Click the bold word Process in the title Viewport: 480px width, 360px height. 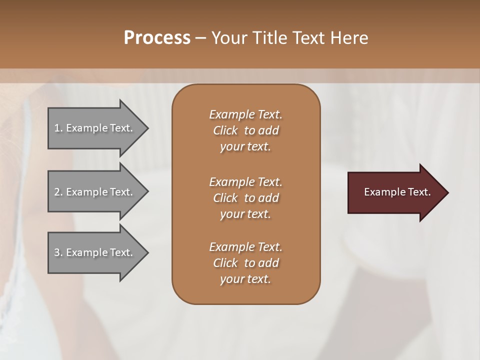point(157,38)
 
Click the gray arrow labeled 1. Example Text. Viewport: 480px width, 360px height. point(95,128)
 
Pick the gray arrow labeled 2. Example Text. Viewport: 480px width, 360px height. point(95,192)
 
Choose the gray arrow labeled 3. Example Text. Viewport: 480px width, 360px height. point(95,252)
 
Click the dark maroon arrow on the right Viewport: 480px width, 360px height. point(395,192)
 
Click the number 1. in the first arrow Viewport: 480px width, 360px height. point(58,128)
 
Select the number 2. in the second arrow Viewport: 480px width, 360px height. point(58,192)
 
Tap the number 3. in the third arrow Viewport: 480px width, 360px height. point(58,252)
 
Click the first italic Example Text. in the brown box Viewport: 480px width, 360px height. point(245,114)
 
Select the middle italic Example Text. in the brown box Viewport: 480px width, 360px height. point(245,182)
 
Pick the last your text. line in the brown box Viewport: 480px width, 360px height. point(245,279)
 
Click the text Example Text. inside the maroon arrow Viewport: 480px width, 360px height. point(397,192)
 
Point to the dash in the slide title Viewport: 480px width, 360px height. point(200,38)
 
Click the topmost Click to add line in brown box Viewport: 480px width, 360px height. point(245,130)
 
